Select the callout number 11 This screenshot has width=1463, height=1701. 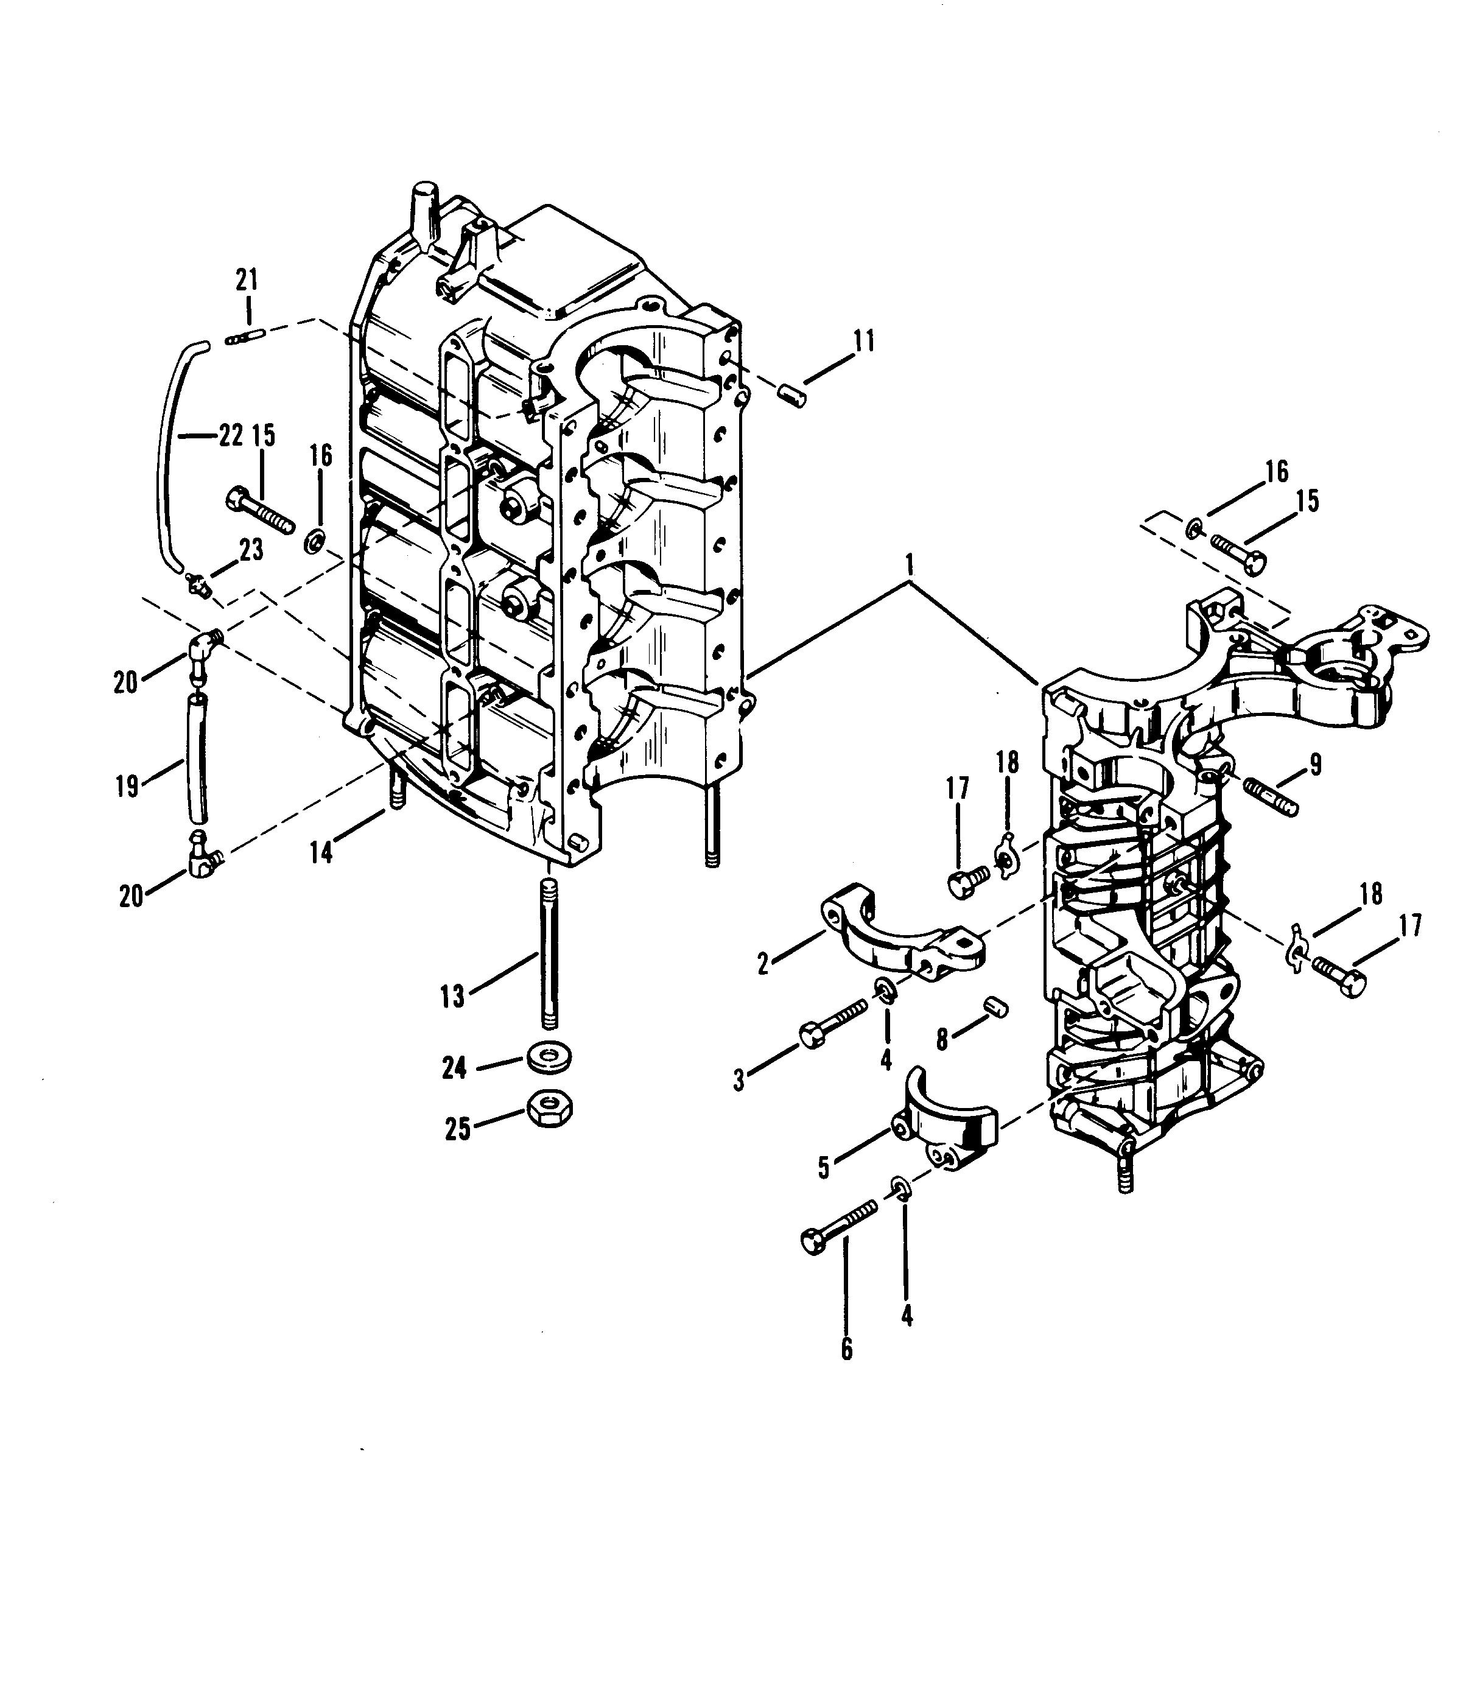click(x=863, y=341)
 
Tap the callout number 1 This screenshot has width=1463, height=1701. click(x=909, y=565)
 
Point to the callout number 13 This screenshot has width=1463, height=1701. click(x=452, y=997)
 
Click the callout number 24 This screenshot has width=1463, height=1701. click(x=454, y=1068)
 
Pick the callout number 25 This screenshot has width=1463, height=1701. click(x=457, y=1129)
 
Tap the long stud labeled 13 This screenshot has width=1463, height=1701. click(x=549, y=952)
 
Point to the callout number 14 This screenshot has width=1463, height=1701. click(x=321, y=853)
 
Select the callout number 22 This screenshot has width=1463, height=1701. click(x=231, y=436)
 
